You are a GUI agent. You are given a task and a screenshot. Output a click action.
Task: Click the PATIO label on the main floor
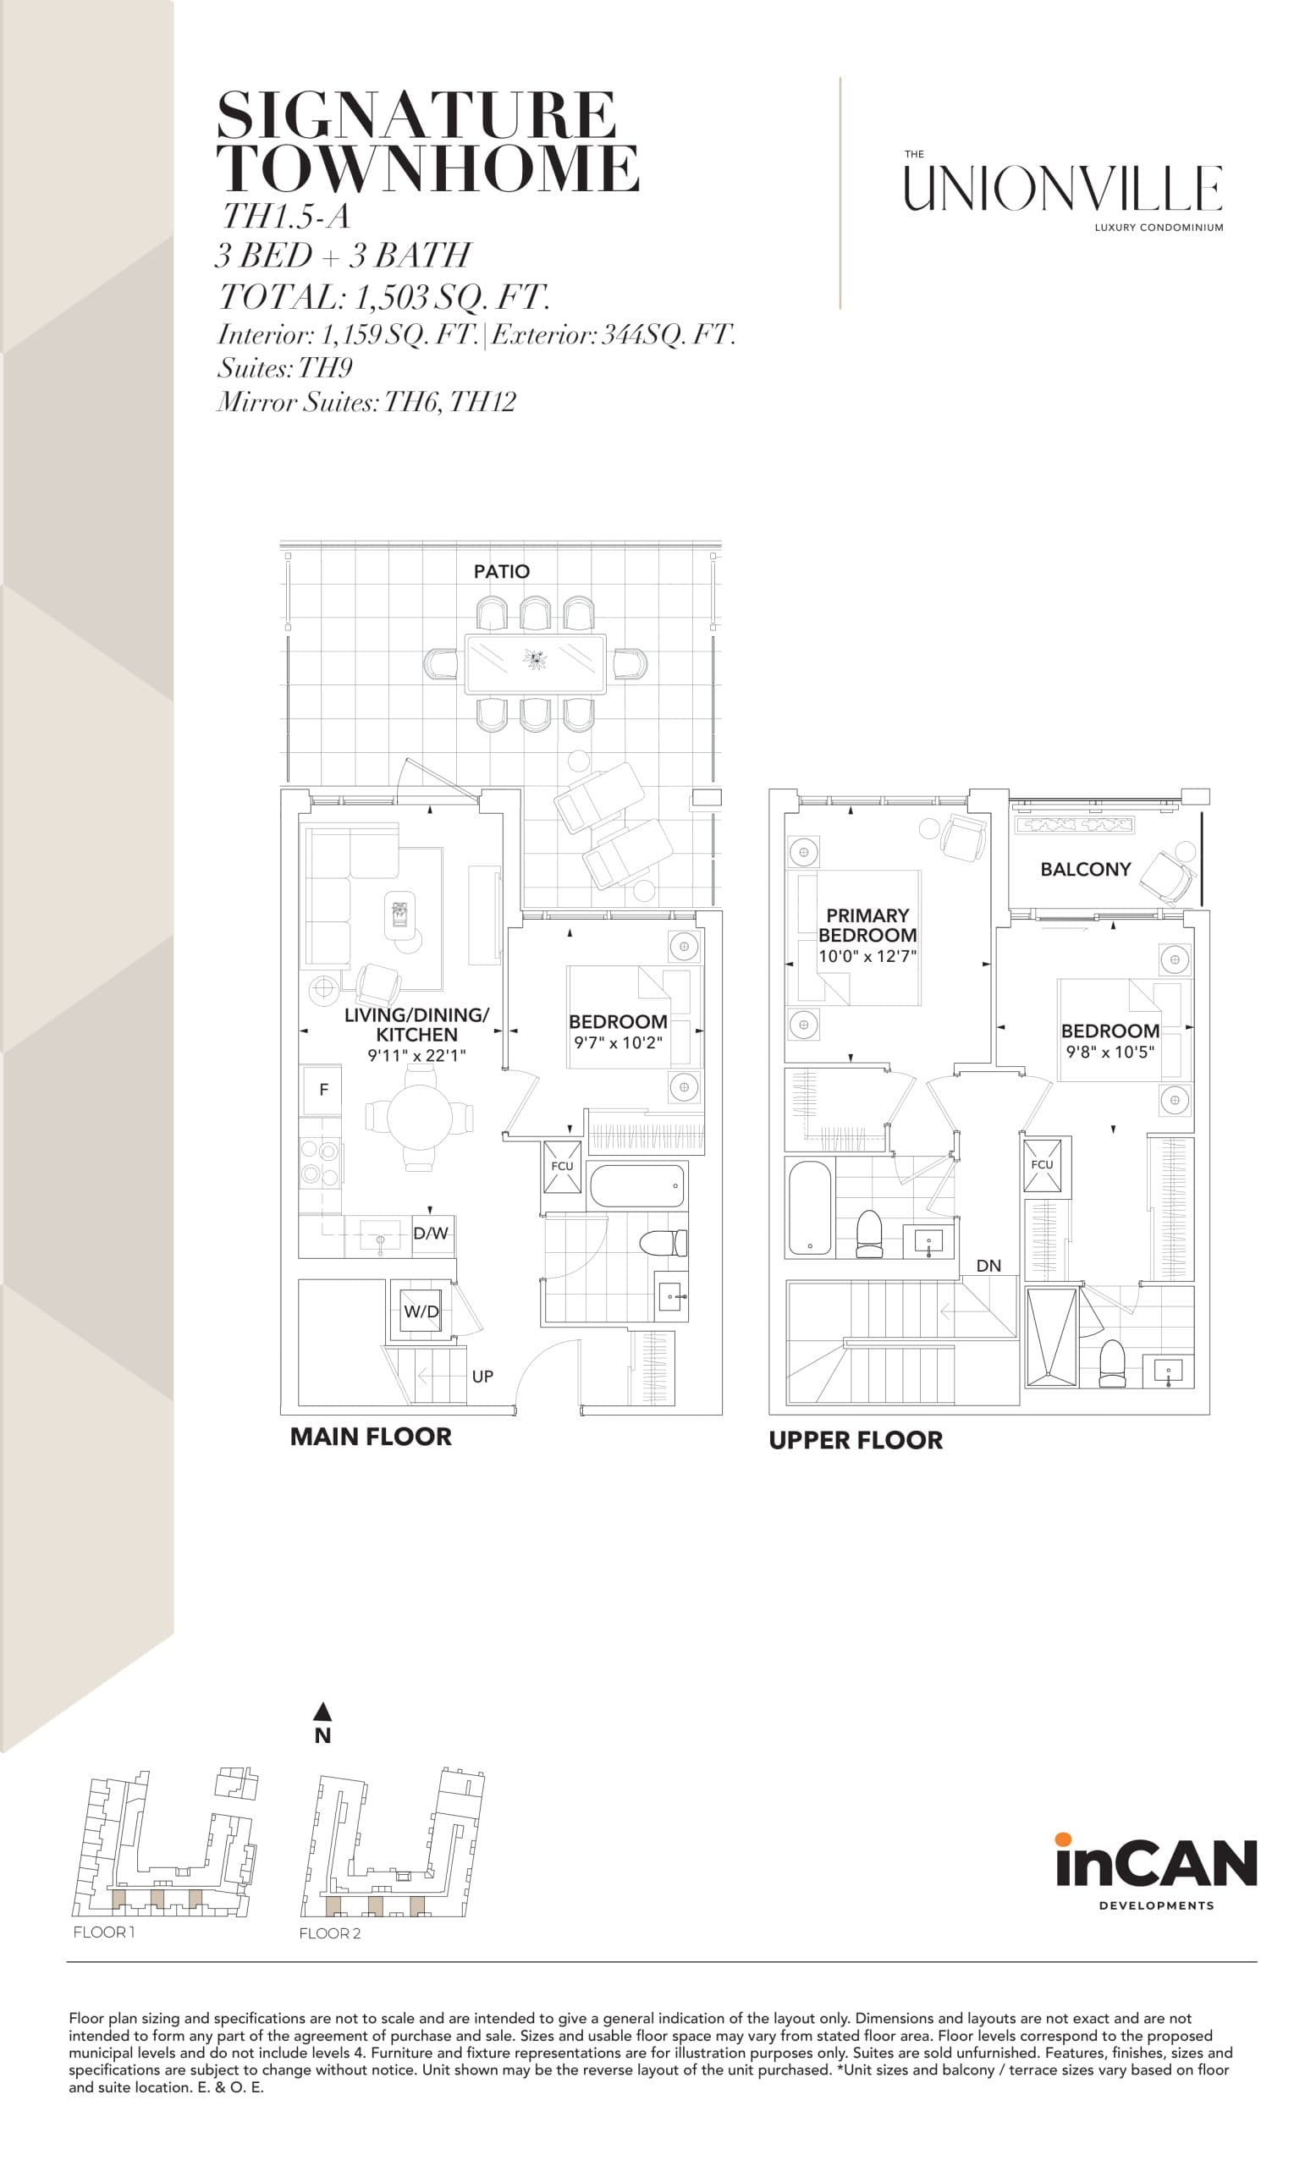[501, 571]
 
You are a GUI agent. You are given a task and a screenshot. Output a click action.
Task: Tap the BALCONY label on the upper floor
[1085, 870]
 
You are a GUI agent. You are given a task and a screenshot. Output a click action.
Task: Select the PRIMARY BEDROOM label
[867, 925]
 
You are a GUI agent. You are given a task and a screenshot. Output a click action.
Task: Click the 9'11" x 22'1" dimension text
[416, 1055]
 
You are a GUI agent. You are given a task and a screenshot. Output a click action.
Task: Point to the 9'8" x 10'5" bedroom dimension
[1110, 1052]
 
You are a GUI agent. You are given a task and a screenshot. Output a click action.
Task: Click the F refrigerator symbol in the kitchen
[323, 1090]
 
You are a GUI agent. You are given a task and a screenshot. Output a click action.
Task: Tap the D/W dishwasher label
[431, 1234]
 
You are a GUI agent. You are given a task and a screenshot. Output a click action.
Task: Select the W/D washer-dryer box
[421, 1311]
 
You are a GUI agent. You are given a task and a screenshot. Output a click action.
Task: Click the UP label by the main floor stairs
[482, 1377]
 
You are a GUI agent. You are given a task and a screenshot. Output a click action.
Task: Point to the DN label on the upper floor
[988, 1266]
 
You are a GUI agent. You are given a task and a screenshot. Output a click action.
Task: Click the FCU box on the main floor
[562, 1167]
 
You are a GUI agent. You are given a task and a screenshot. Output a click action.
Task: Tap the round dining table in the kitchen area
[419, 1116]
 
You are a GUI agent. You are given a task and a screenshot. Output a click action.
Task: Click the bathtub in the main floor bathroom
[636, 1186]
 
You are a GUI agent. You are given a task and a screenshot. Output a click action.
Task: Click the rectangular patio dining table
[535, 662]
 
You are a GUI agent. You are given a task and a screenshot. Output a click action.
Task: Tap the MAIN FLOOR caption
[371, 1438]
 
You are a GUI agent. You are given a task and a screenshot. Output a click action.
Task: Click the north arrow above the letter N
[322, 1711]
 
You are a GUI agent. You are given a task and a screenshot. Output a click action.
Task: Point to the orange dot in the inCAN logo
[1063, 1838]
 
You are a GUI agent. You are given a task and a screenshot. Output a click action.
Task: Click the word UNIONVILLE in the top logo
[1063, 189]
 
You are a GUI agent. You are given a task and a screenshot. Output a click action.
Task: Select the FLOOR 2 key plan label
[330, 1933]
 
